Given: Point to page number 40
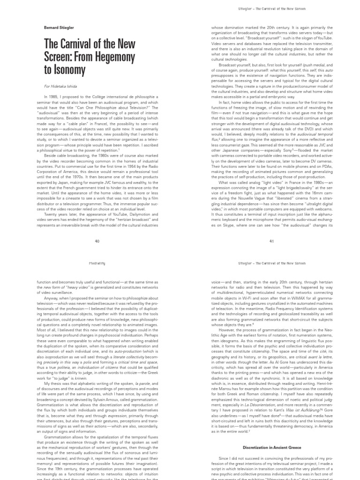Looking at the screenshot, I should [97, 241].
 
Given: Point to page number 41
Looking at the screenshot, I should [271, 241].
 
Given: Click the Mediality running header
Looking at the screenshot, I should [97, 263].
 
